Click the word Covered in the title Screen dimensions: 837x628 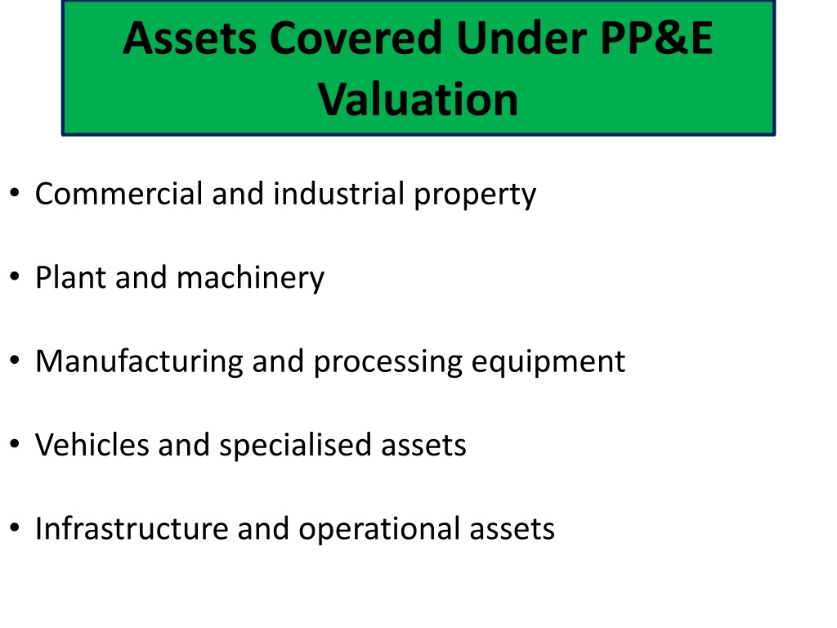tap(356, 38)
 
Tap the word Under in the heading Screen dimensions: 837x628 tap(521, 38)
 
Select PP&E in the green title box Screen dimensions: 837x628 tap(656, 38)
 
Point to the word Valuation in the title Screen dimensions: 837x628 tap(418, 99)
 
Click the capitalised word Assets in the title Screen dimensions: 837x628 tap(190, 38)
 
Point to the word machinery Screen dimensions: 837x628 tap(250, 279)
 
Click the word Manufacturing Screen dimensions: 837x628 tap(139, 361)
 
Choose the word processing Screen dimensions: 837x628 tap(388, 362)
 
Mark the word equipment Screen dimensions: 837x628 tap(548, 362)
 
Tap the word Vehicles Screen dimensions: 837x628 tap(92, 445)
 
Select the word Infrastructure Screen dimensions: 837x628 tap(132, 529)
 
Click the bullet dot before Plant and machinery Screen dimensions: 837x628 tap(15, 277)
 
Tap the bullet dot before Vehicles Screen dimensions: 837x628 tap(15, 444)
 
